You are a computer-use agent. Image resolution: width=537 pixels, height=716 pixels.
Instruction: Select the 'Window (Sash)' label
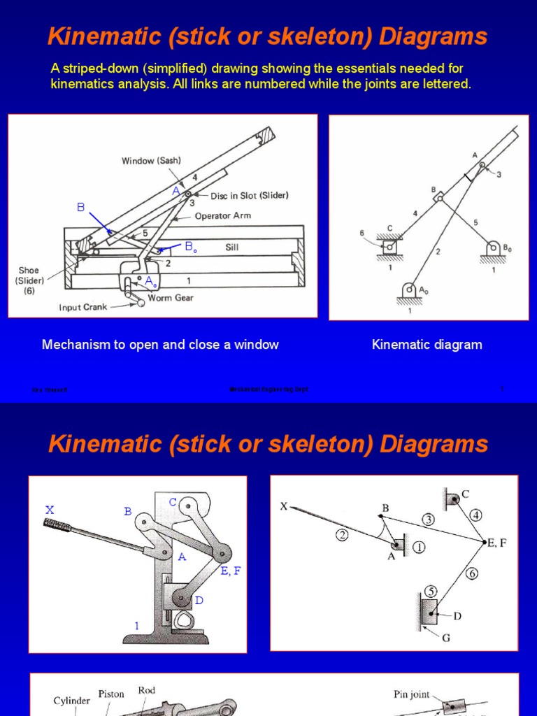coord(152,160)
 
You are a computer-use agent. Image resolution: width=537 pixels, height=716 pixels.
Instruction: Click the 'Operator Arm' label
coord(222,216)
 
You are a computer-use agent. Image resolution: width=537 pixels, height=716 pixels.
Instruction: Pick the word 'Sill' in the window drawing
coord(233,247)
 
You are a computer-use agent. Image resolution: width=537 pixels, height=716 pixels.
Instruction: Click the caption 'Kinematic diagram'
coord(427,345)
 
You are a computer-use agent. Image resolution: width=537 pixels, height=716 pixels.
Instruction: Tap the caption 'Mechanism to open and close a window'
coord(160,345)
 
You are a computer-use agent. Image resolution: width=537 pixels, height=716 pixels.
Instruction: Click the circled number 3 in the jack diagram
coord(427,519)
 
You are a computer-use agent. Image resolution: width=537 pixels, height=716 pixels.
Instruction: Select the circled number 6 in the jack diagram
coord(472,573)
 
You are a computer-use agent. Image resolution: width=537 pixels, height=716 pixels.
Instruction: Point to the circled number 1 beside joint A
coord(419,547)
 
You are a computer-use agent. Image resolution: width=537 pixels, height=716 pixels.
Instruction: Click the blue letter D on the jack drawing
coord(199,601)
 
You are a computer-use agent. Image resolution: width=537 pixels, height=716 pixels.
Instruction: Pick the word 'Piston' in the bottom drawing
coord(111,694)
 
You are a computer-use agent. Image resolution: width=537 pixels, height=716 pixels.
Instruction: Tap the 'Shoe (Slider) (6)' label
coord(29,280)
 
